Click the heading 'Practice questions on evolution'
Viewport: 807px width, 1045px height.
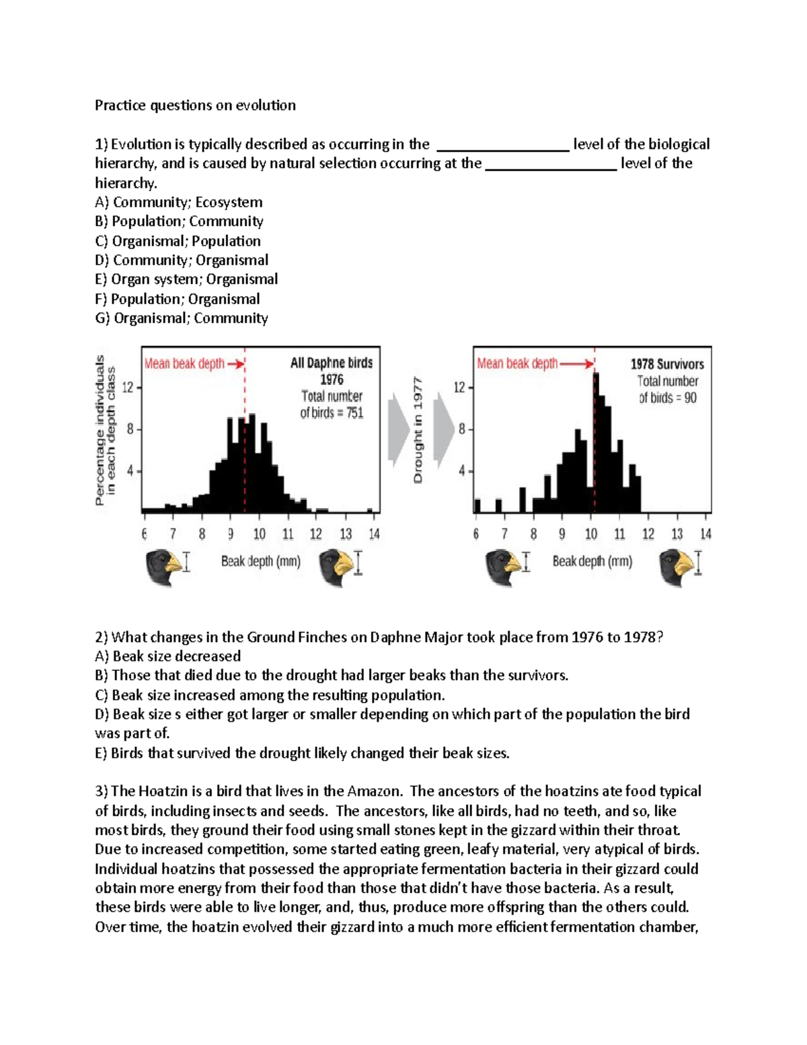195,106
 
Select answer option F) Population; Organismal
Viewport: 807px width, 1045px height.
178,299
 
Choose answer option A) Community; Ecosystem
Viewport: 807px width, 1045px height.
179,203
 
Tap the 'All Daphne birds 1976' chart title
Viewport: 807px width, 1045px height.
332,371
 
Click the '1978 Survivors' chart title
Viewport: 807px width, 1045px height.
667,364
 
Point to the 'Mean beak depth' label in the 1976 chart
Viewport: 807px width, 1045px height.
184,364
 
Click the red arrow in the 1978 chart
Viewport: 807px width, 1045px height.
577,364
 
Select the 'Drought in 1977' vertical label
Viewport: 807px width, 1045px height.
418,430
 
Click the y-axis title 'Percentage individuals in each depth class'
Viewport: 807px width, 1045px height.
105,430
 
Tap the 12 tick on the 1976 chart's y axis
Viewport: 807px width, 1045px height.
130,388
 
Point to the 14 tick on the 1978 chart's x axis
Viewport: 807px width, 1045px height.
705,534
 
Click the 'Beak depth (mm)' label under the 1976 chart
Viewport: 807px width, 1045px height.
261,561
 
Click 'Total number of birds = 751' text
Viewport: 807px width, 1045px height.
332,404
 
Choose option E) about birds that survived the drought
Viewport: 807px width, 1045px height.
303,753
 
